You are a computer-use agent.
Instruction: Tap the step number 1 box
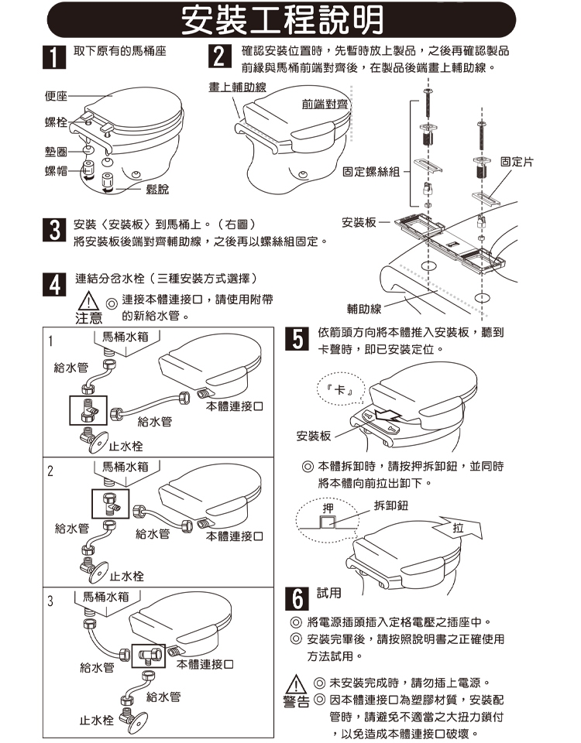click(x=51, y=59)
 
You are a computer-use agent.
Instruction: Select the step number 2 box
click(x=221, y=59)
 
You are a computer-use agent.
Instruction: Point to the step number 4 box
click(x=51, y=283)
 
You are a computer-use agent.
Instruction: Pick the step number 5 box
click(x=294, y=340)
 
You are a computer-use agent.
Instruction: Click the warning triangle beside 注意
click(x=89, y=302)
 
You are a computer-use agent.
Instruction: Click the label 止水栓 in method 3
click(x=97, y=721)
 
